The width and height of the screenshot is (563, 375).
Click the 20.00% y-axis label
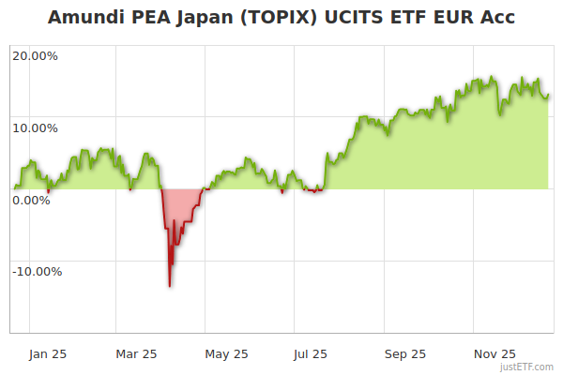(35, 55)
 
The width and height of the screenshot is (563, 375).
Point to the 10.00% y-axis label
(35, 127)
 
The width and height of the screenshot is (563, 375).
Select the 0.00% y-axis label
(32, 200)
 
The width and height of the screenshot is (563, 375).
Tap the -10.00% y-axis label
(37, 272)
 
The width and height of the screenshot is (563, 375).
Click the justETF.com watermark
(526, 367)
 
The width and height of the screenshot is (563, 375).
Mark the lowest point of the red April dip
(170, 286)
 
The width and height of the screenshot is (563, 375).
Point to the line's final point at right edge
(548, 94)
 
